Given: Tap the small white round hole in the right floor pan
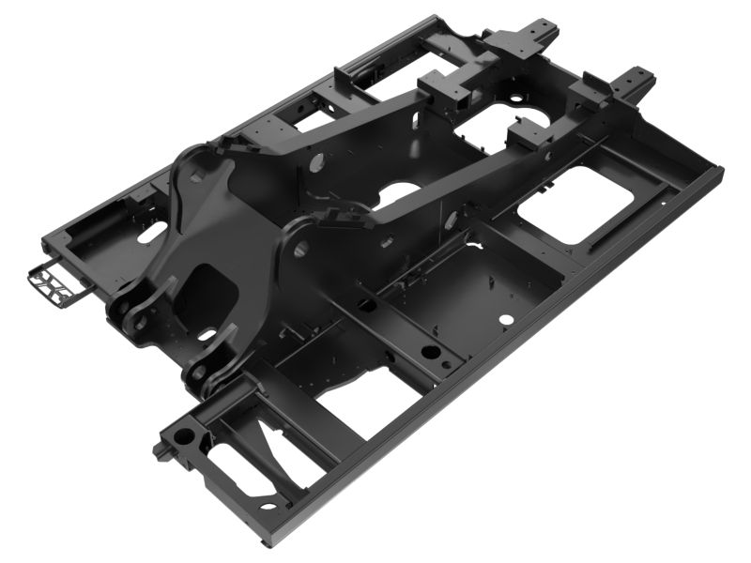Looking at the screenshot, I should point(507,319).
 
